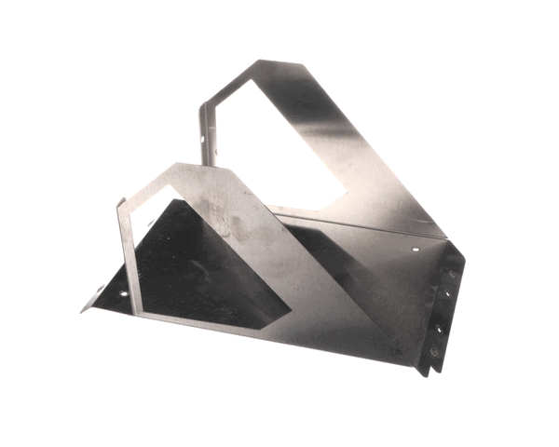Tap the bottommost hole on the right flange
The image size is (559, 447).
pyautogui.click(x=433, y=351)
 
